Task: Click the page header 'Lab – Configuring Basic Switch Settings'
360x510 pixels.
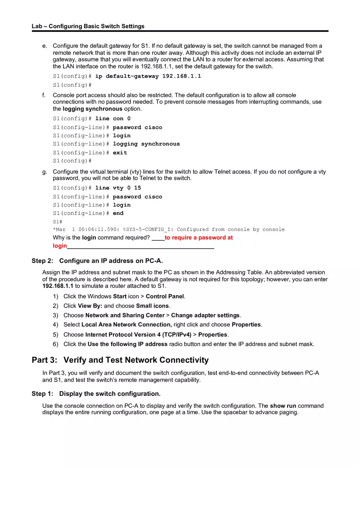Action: click(x=88, y=26)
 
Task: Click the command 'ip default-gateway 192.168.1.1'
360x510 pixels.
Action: click(x=148, y=76)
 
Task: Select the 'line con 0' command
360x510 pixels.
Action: click(x=113, y=119)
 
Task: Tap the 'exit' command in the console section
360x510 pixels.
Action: click(x=120, y=153)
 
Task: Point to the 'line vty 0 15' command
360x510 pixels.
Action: click(x=118, y=188)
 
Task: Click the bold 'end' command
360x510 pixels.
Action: click(x=118, y=213)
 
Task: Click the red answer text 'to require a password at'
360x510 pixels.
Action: click(x=198, y=238)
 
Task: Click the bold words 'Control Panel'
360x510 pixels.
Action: click(x=165, y=296)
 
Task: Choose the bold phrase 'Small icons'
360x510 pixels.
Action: click(x=153, y=306)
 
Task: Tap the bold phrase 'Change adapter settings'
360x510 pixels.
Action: click(x=205, y=315)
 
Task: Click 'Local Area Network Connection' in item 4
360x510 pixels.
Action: click(x=126, y=324)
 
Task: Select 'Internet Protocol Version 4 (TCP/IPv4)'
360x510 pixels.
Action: click(x=138, y=335)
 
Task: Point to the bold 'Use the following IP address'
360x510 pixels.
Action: click(x=127, y=344)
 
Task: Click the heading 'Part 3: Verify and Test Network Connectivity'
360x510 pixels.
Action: click(x=120, y=360)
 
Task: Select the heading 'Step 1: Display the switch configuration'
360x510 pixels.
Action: click(x=96, y=393)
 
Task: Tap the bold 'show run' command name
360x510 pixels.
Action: click(x=283, y=406)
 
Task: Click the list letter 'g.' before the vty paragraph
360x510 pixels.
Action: click(x=45, y=172)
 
